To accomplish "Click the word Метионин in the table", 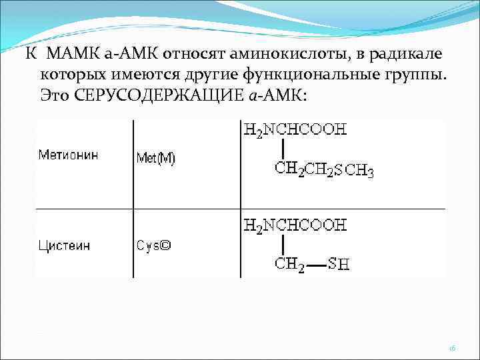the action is click(68, 155).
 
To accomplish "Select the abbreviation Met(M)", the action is click(155, 159).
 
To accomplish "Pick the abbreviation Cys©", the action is click(154, 245).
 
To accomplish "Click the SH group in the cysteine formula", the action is click(338, 265).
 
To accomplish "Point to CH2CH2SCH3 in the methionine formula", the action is click(325, 170).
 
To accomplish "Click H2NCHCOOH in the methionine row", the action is click(294, 129).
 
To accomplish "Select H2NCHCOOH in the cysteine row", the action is click(294, 225).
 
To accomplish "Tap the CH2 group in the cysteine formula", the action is click(290, 264).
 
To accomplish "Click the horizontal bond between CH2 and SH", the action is click(316, 265).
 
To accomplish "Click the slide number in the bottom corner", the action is click(452, 347).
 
